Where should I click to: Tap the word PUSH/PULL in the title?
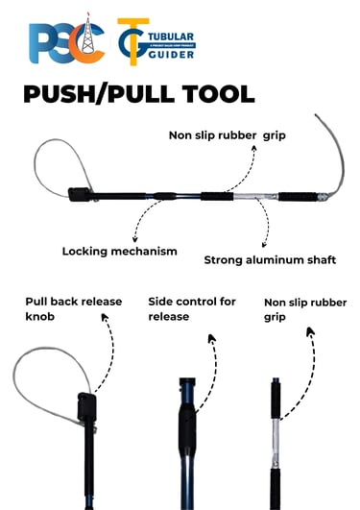(91, 96)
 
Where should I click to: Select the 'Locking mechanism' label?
(119, 252)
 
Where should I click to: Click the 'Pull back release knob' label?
(73, 309)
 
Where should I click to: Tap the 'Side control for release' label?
(191, 309)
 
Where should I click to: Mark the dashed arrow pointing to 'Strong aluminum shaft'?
(261, 228)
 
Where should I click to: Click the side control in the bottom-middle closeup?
(187, 423)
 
